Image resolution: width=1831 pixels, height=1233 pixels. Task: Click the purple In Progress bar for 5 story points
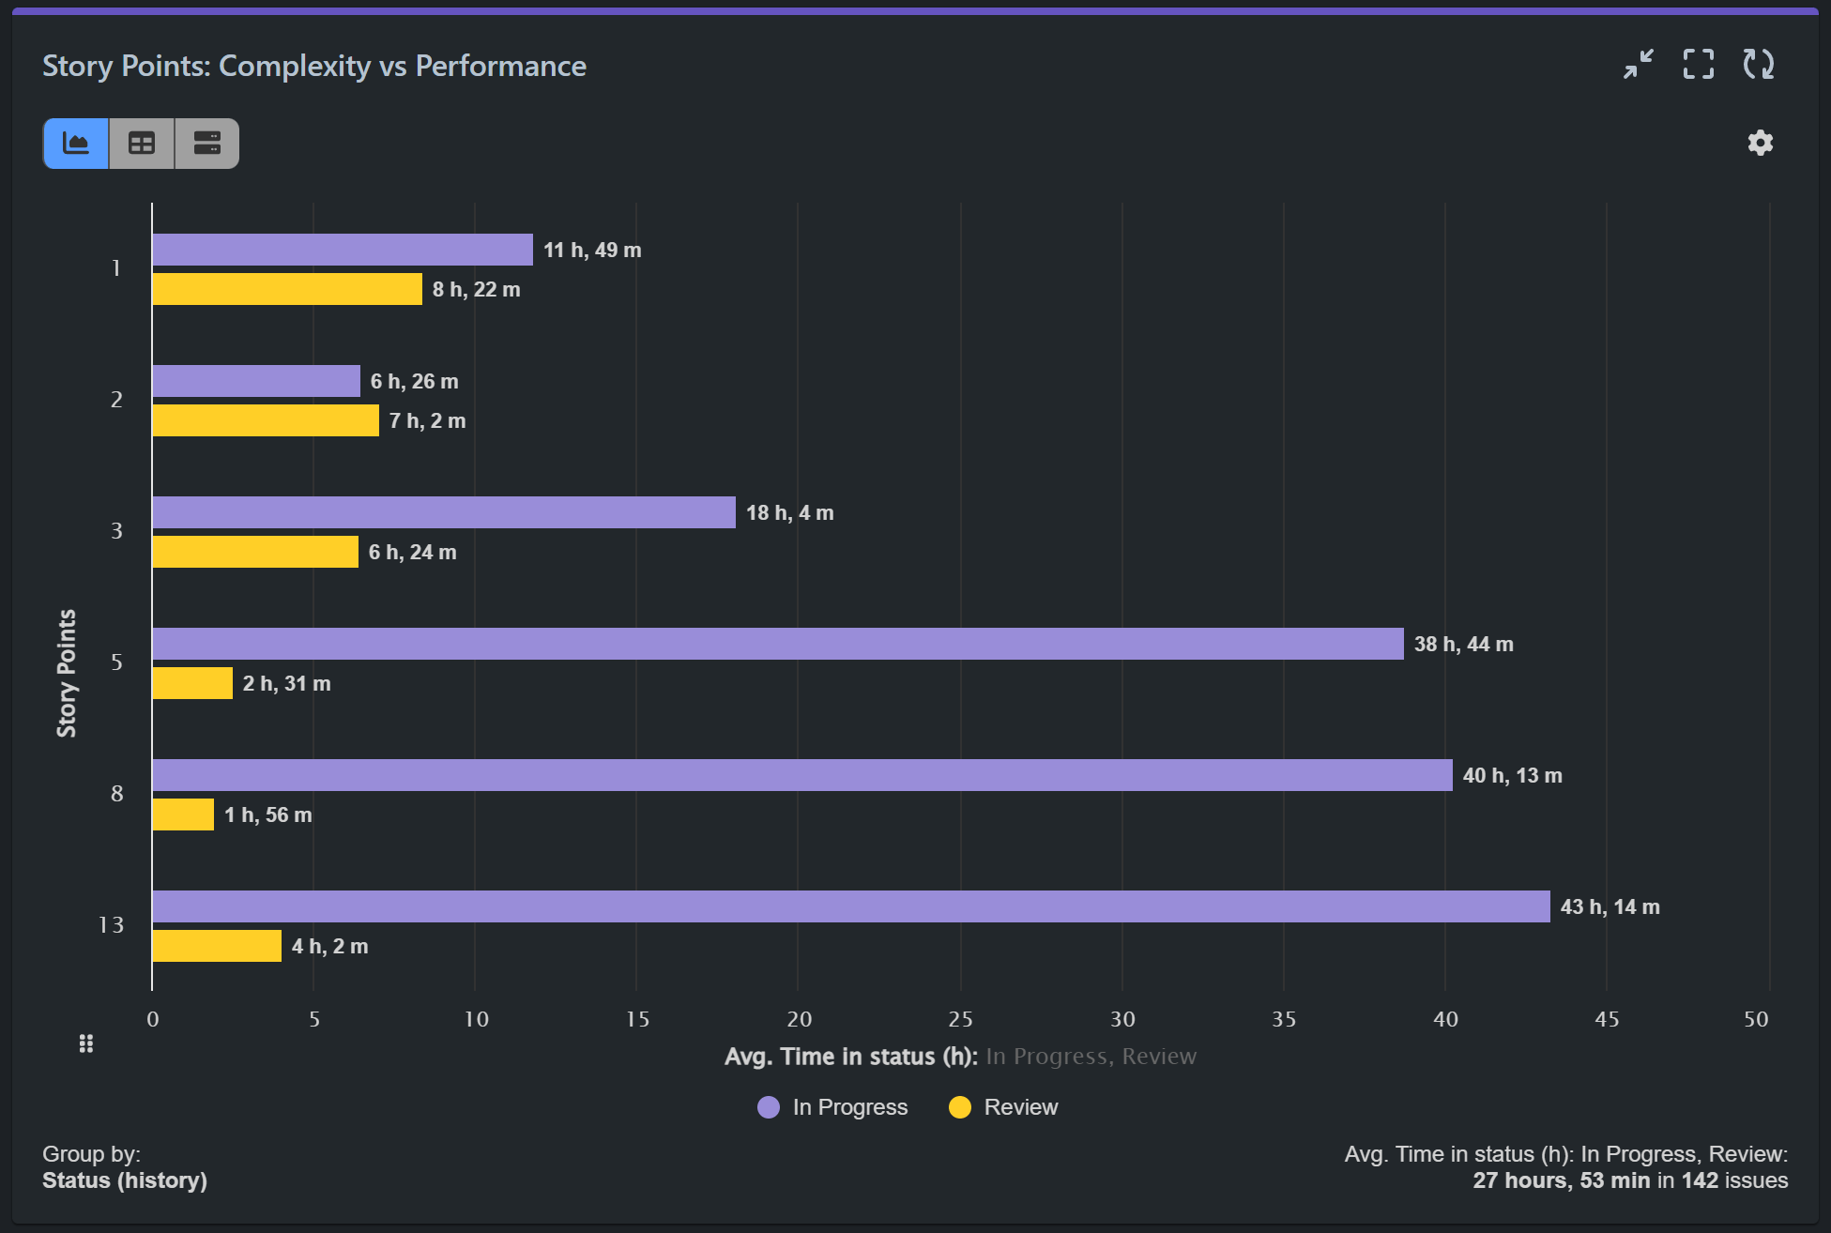[777, 644]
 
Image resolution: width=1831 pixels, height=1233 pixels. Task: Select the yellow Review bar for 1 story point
[287, 289]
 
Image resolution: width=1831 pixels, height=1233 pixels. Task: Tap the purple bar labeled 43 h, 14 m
[850, 906]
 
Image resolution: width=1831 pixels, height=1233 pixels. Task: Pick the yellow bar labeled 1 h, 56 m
[183, 814]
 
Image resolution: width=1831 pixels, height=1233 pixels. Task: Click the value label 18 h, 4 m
[789, 513]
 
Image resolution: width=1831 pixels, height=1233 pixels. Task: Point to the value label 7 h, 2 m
[427, 421]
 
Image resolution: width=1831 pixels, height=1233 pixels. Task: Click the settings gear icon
[1760, 143]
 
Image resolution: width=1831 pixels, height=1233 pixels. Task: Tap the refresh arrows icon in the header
[1758, 65]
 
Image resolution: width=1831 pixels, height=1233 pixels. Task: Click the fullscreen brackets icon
[1698, 65]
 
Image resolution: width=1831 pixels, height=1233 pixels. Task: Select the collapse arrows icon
[1639, 65]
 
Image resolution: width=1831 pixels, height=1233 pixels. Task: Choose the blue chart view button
[76, 144]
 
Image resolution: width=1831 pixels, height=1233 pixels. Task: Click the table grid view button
[142, 144]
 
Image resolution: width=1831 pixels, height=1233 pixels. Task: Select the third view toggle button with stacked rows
[206, 144]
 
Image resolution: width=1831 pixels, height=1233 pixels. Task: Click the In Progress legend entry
[832, 1107]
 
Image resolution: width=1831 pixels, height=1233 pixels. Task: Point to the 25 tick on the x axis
[960, 1019]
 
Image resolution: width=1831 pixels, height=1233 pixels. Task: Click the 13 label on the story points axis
[111, 925]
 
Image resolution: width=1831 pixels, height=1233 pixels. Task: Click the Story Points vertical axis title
[67, 673]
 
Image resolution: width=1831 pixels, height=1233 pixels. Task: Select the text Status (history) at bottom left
[125, 1180]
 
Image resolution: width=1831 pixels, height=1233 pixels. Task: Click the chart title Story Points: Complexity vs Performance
[314, 67]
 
